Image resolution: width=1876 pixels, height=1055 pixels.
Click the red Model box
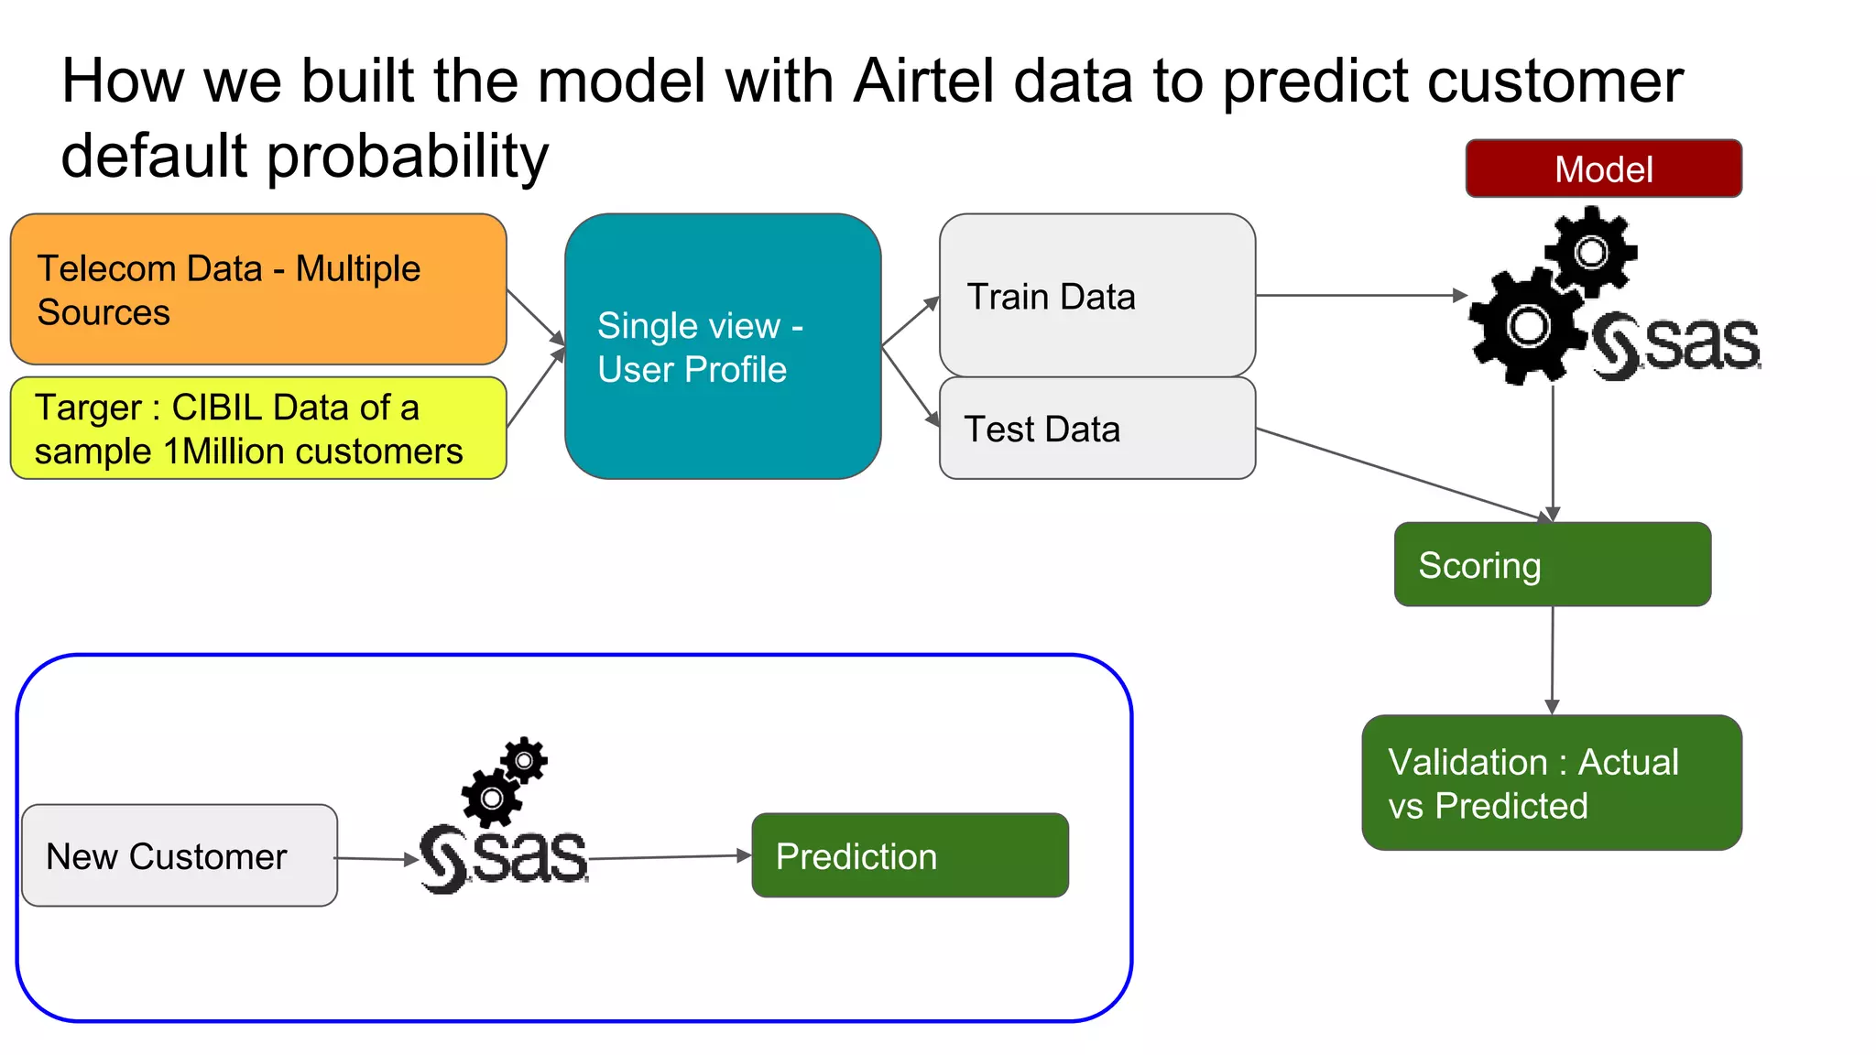(1603, 169)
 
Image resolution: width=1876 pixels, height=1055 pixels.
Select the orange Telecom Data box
(258, 289)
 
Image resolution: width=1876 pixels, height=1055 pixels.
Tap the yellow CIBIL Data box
(258, 429)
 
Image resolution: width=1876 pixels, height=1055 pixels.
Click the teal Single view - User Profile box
(723, 346)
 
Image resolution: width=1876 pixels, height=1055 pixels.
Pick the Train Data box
(1096, 295)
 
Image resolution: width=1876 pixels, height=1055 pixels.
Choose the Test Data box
(1096, 428)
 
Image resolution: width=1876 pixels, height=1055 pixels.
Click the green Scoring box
(1552, 564)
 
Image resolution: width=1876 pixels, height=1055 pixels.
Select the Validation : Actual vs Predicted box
(1551, 783)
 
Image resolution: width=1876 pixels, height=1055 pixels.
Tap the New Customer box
(180, 855)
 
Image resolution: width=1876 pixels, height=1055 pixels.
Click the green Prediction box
(910, 855)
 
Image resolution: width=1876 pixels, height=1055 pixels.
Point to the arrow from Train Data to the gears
(1360, 295)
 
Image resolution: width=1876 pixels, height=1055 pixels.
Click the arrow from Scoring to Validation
(1552, 659)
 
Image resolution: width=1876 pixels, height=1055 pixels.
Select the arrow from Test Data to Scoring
(1402, 473)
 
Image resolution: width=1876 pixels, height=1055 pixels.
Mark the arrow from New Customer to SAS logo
(376, 859)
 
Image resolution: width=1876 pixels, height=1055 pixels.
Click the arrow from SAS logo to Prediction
(669, 857)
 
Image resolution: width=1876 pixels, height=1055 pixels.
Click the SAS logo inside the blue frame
(504, 857)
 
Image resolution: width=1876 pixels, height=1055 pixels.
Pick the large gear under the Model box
(1527, 326)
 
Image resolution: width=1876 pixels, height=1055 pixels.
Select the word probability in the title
(408, 156)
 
